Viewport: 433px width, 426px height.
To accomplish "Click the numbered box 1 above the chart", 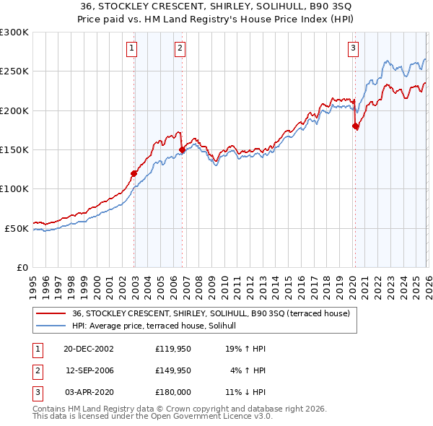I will (x=133, y=48).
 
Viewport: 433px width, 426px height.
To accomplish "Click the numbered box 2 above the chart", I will (x=180, y=48).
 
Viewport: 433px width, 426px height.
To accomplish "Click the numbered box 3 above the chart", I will (x=353, y=48).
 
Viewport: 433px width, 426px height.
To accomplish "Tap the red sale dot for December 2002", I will (x=134, y=173).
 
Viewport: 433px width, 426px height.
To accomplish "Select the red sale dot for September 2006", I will (x=182, y=150).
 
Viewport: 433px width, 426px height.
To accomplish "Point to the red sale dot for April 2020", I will (x=355, y=126).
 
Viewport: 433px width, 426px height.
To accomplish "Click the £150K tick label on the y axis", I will (x=14, y=149).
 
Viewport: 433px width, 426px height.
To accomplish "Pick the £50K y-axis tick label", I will (x=16, y=228).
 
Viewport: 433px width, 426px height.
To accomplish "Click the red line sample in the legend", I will (x=51, y=313).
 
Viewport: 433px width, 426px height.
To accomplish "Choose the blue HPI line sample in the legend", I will (x=51, y=326).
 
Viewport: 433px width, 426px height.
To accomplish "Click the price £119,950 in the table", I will (x=172, y=348).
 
